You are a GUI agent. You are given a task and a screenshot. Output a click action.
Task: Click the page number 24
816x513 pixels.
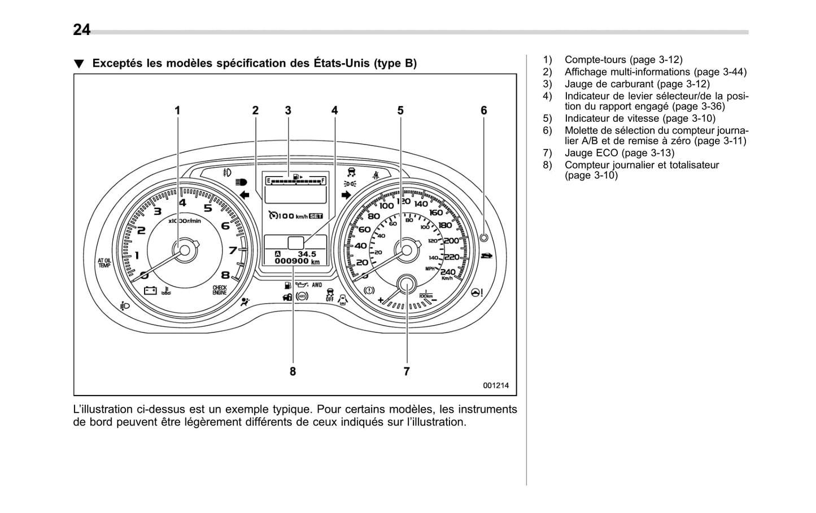coord(81,29)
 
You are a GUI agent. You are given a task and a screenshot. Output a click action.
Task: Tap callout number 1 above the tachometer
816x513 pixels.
coord(177,111)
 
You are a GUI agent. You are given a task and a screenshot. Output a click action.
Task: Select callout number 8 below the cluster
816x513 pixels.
coord(293,371)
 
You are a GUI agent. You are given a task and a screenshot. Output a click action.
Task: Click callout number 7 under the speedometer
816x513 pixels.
coord(407,371)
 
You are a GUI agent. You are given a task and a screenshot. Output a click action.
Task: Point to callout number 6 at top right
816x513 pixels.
coord(483,111)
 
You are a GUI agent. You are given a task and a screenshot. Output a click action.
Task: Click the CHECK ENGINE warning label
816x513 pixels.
coord(219,290)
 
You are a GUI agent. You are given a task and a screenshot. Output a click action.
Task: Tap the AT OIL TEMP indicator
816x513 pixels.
coord(104,263)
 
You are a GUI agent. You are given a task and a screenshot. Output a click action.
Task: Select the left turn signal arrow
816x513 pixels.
coord(245,195)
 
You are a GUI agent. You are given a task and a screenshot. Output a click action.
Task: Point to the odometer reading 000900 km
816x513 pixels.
coord(297,261)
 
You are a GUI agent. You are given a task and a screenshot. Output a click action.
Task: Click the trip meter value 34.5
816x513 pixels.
coord(307,254)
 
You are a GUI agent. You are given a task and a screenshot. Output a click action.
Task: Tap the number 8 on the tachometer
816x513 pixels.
coord(225,275)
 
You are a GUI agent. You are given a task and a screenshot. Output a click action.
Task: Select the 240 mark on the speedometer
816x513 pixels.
coord(448,272)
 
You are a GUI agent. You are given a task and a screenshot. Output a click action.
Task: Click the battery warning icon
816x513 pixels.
coord(150,291)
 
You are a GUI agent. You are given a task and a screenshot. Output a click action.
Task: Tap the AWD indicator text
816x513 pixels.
coord(317,285)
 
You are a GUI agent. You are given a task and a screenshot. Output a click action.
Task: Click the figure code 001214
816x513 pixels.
coord(495,385)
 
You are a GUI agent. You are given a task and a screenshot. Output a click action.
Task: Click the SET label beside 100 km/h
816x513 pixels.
coord(316,216)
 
